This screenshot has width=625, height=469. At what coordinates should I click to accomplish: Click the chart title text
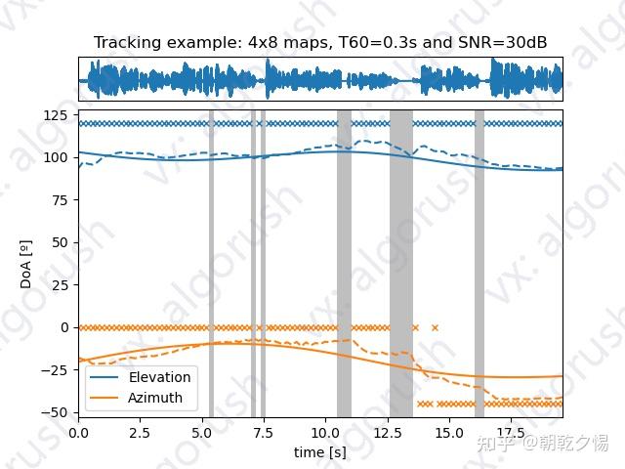click(320, 43)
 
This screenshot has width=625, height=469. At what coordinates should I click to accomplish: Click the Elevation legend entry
click(159, 377)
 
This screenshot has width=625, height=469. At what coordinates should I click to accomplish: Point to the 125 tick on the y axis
click(57, 115)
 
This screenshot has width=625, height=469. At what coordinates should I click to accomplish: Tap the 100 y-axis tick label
click(57, 157)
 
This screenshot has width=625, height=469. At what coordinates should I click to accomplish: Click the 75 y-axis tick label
click(61, 200)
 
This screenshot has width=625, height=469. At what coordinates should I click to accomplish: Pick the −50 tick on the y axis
click(55, 411)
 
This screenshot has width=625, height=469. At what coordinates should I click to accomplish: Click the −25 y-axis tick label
click(55, 369)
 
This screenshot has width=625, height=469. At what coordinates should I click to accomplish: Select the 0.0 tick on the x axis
click(78, 431)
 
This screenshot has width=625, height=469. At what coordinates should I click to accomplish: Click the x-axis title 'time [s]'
click(320, 452)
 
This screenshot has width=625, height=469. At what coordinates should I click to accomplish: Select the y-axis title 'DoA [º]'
click(26, 265)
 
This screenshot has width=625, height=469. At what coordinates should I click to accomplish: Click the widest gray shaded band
click(400, 264)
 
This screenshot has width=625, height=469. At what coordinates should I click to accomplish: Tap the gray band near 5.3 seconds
click(211, 264)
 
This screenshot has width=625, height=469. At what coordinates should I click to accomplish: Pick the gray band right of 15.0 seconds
click(479, 264)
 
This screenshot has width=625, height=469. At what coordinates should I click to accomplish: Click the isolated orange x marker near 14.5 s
click(435, 327)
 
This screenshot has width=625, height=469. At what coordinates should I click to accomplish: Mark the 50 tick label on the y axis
click(61, 242)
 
